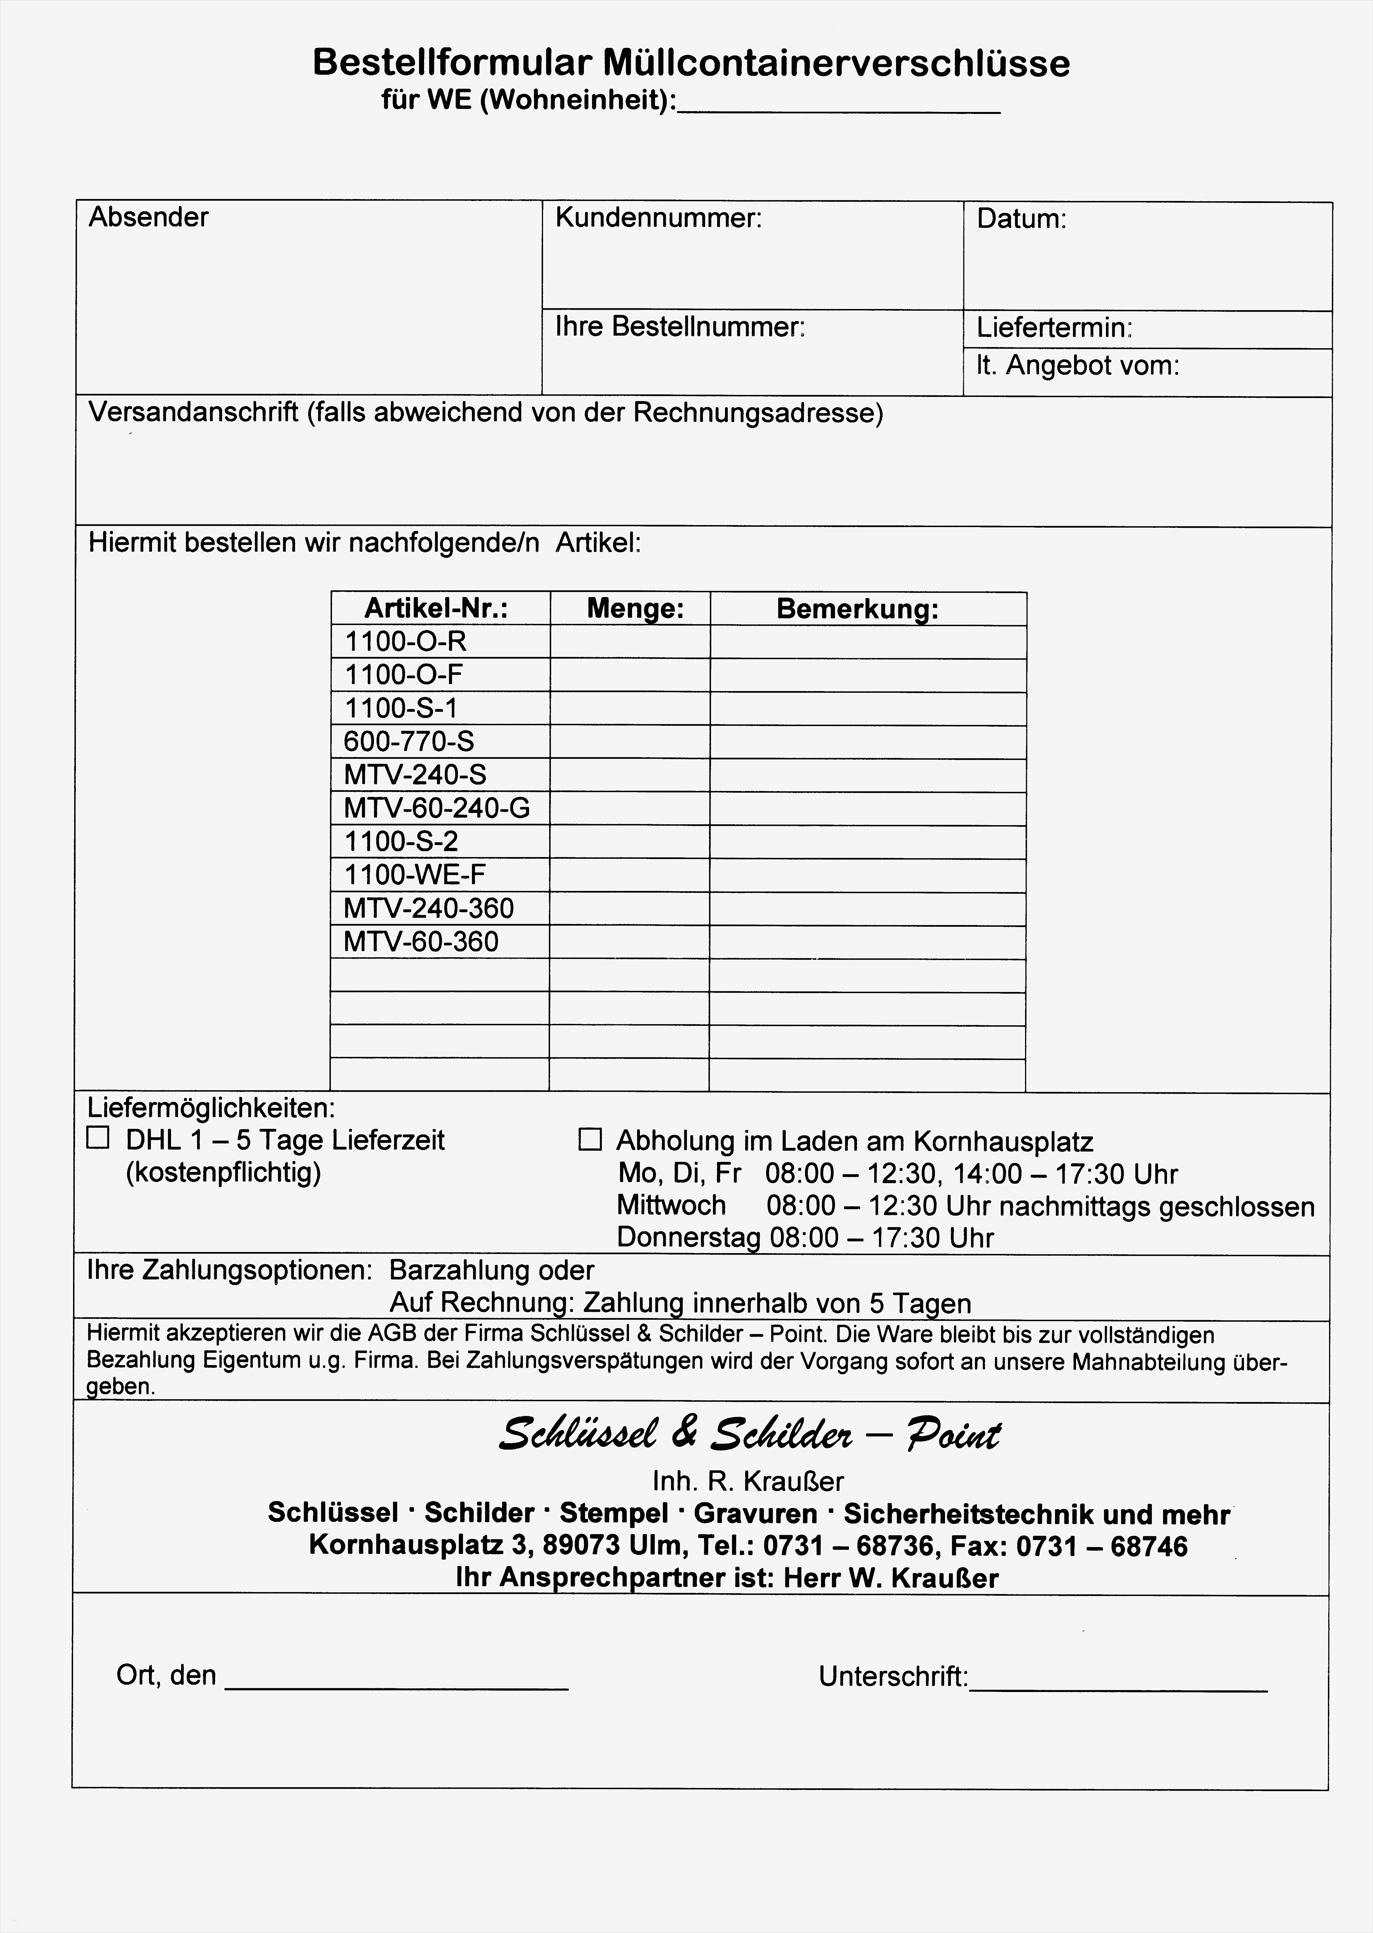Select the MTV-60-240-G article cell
[436, 808]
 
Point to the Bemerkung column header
[857, 609]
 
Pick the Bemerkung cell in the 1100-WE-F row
[867, 875]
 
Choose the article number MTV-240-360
[429, 908]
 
